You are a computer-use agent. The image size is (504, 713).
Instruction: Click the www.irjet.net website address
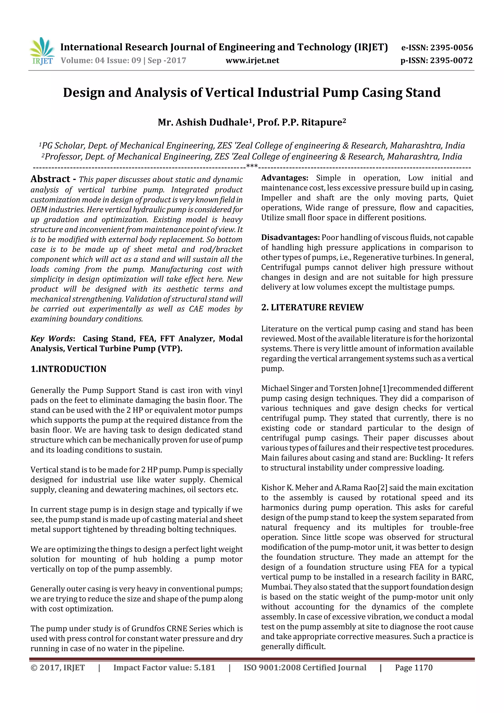[x=252, y=61]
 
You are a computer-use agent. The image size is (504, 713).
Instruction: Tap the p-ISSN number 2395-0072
[x=451, y=61]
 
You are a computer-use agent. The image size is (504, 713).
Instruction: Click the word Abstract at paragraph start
[x=50, y=179]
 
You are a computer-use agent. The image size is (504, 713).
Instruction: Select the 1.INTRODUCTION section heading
[x=68, y=369]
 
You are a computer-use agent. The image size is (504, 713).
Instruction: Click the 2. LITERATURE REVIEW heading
[x=312, y=307]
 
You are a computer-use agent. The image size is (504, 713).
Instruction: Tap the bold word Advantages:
[x=284, y=178]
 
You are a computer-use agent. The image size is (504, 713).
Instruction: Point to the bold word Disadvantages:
[x=290, y=238]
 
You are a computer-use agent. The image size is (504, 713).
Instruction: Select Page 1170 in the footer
[x=413, y=667]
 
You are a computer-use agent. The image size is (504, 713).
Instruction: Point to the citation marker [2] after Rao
[x=382, y=488]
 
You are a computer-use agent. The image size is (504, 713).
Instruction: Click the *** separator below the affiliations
[x=252, y=166]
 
